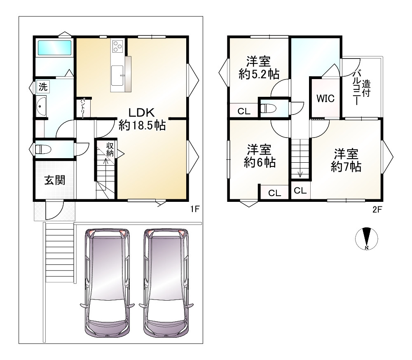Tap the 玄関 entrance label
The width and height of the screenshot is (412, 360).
pos(55,180)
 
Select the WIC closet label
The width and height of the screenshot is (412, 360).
pos(325,98)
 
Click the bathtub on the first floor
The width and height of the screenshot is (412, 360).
pos(55,47)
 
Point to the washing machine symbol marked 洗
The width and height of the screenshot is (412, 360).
pos(43,86)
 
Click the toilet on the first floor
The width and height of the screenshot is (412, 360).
pos(43,149)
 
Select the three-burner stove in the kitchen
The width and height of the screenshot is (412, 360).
pos(117,47)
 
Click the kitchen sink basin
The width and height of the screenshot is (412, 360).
pos(117,75)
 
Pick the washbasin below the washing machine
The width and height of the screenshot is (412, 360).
pos(41,106)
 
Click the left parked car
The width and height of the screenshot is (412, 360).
pos(108,283)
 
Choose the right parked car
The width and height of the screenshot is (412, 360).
pos(166,283)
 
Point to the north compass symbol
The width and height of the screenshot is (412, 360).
pos(367,238)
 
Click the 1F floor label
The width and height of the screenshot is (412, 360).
pos(195,209)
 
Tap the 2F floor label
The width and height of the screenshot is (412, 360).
pos(377,209)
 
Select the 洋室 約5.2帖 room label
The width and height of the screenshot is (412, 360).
pos(259,68)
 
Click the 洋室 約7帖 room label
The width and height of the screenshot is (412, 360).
pos(346,160)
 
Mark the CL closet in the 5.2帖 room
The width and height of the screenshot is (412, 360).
pos(244,111)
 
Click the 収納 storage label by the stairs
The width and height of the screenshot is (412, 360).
pos(110,149)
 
